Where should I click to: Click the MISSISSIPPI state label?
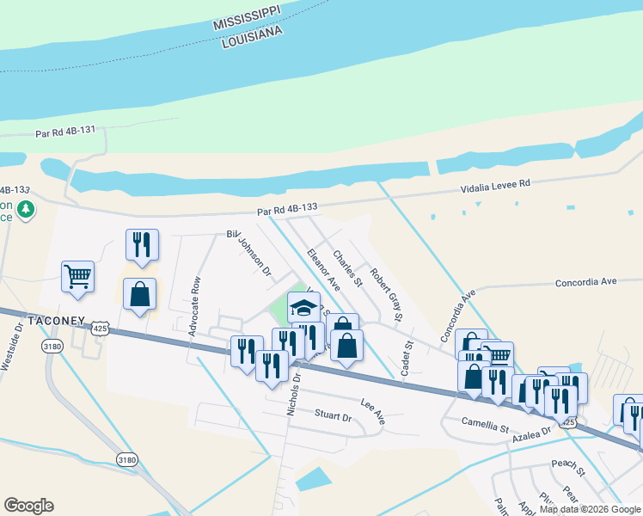259,21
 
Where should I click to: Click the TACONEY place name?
56,322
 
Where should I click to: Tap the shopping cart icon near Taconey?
77,277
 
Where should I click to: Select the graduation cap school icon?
303,307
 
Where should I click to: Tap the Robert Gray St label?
386,295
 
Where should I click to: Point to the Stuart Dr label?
333,417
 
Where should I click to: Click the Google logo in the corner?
28,506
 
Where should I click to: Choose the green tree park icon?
27,209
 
